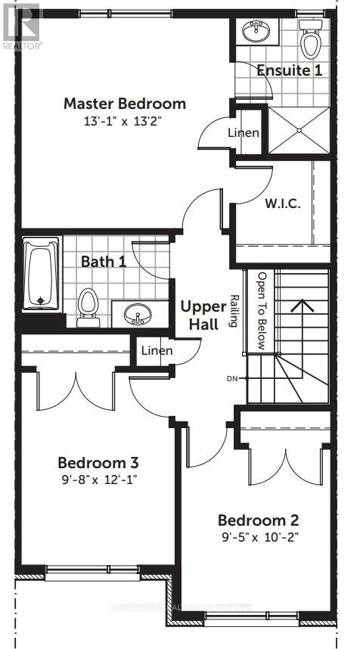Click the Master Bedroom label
pos(124,104)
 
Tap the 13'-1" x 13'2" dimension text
pos(124,120)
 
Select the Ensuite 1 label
pos(290,70)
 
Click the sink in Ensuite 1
pos(253,31)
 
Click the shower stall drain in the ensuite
pos(299,130)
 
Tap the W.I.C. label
pos(283,203)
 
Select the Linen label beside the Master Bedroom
pos(244,133)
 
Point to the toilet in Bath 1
pos(88,306)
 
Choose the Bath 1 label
pos(104,262)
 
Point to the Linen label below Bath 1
pos(157,351)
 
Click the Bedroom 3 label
pos(98,462)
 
